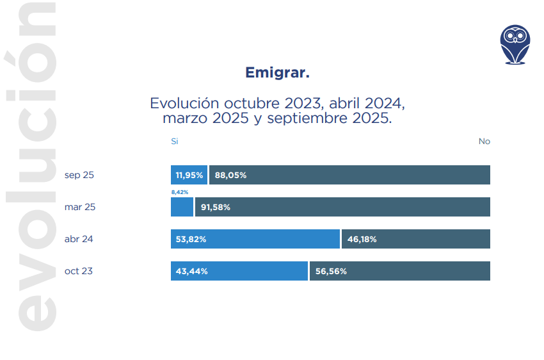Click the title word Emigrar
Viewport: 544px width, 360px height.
pyautogui.click(x=277, y=73)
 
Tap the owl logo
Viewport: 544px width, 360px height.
pyautogui.click(x=515, y=45)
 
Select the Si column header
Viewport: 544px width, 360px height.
pyautogui.click(x=174, y=141)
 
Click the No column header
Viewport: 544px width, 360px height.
pyautogui.click(x=484, y=141)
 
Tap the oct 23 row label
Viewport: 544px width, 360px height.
pyautogui.click(x=78, y=271)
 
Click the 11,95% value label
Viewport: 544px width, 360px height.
pyautogui.click(x=189, y=175)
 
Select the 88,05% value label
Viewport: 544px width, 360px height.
pyautogui.click(x=230, y=175)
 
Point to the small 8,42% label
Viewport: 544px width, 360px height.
pyautogui.click(x=179, y=192)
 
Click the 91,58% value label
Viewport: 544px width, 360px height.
pyautogui.click(x=215, y=207)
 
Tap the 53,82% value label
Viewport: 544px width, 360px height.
pyautogui.click(x=191, y=239)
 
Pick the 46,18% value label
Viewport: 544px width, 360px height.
pyautogui.click(x=362, y=239)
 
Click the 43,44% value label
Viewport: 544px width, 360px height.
pyautogui.click(x=191, y=271)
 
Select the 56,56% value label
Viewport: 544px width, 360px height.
pyautogui.click(x=331, y=271)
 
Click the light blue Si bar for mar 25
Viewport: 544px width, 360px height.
pyautogui.click(x=182, y=207)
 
